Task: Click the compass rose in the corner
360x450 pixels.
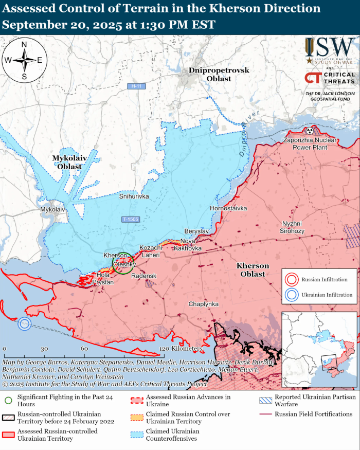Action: click(24, 60)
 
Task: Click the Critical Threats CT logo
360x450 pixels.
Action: click(313, 78)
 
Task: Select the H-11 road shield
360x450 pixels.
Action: click(136, 86)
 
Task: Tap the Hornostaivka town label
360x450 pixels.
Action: click(228, 208)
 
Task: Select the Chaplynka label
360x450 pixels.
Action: click(204, 304)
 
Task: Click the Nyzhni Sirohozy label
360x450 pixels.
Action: click(292, 227)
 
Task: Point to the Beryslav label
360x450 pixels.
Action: click(196, 231)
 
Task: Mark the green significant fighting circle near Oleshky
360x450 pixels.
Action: click(123, 263)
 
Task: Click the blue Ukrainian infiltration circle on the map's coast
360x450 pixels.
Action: click(24, 323)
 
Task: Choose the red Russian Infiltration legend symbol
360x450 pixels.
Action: click(292, 280)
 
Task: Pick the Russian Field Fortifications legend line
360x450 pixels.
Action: click(265, 415)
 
